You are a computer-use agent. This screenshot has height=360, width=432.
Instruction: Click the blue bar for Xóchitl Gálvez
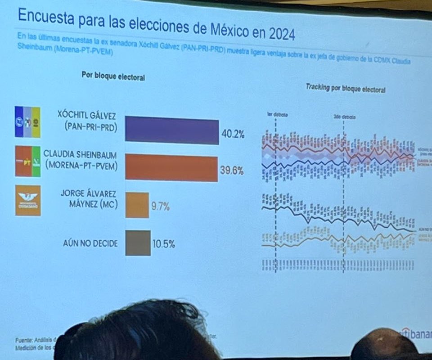172,130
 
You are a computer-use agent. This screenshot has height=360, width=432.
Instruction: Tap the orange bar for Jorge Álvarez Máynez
137,205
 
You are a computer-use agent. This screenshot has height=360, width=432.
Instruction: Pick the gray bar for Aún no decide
138,243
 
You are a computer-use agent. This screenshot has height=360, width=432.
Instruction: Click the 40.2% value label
233,134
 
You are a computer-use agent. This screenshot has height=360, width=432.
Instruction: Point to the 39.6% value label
232,171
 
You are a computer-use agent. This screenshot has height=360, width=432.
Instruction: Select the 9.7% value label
160,207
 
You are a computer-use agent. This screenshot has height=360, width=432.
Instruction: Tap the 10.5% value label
163,245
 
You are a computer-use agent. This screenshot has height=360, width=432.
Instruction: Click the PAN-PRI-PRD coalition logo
27,122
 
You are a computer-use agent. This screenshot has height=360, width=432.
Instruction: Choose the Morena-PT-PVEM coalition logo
27,161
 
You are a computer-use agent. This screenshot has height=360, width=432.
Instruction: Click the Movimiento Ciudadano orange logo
28,201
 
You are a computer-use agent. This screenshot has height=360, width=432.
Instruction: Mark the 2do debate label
344,117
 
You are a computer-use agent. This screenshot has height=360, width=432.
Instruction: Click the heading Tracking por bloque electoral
345,89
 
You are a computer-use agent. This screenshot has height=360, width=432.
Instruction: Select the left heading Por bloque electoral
113,76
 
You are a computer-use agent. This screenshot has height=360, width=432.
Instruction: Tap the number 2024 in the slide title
278,33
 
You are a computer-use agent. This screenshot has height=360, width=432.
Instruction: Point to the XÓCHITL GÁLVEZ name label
87,116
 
